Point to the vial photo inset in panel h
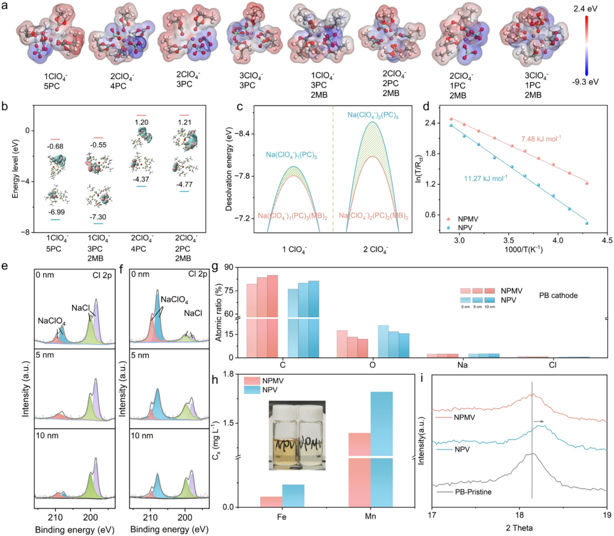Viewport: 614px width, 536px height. [x=295, y=431]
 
